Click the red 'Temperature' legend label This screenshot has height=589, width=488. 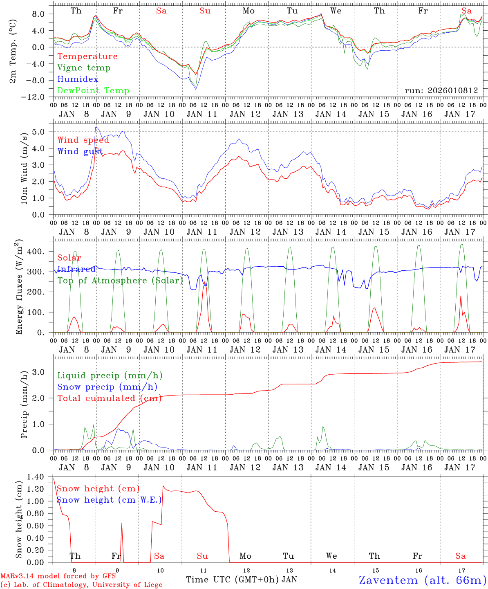pos(87,56)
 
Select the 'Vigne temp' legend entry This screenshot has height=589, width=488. pos(84,68)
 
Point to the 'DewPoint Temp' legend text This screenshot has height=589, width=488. pos(93,91)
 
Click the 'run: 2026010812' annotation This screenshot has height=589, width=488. pos(441,90)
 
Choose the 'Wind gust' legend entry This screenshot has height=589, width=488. pos(80,151)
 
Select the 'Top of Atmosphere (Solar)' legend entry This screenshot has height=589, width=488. pos(120,281)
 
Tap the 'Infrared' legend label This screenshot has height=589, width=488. pos(76,269)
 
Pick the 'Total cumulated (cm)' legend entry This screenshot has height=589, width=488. pos(109,398)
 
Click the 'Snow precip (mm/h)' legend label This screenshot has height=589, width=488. pos(107,387)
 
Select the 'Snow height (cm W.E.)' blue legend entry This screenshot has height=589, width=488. pos(109,500)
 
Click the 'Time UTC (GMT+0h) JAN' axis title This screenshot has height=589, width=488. pos(241,580)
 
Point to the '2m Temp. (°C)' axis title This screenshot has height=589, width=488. pos(13,52)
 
